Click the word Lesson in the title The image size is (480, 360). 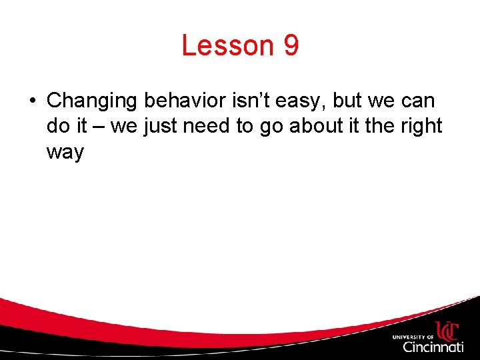(x=227, y=46)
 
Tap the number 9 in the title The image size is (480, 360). (x=291, y=46)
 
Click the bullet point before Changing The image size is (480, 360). (x=32, y=101)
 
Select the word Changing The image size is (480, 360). (x=93, y=101)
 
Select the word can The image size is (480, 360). (x=418, y=102)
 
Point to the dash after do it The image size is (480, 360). (x=99, y=127)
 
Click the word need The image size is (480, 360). (x=207, y=126)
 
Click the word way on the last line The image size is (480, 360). (x=65, y=153)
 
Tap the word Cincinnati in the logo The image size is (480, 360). (x=433, y=347)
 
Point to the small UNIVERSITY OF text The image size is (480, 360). (x=413, y=336)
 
